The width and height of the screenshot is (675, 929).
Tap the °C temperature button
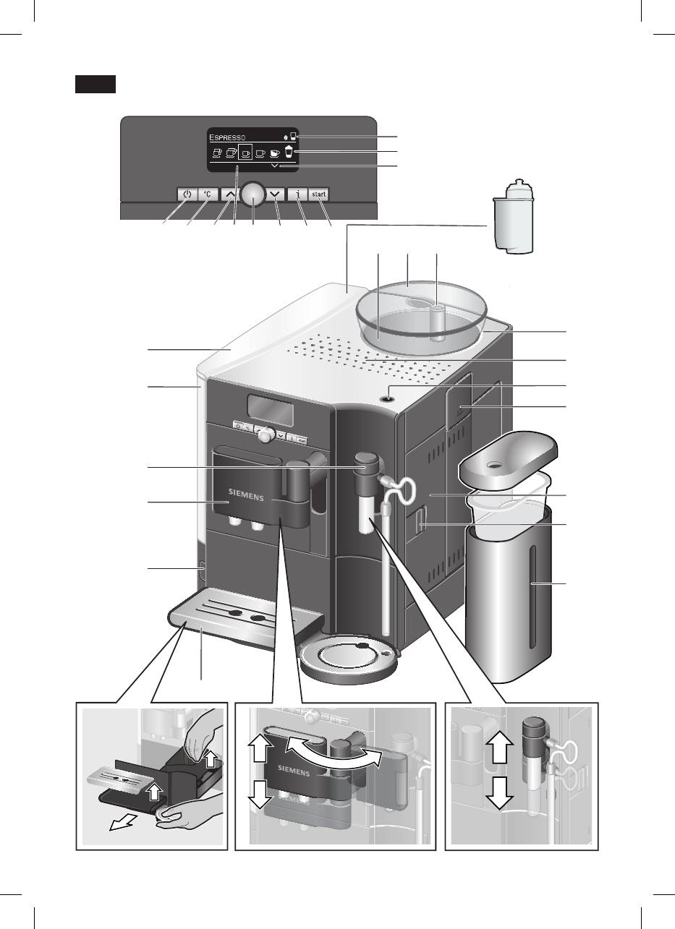tap(208, 194)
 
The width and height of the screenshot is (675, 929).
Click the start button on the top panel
tap(319, 194)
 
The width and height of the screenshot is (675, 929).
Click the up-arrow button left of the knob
tap(229, 194)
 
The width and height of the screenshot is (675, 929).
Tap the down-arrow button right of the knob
tap(277, 194)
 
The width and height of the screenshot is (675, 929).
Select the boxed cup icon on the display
tap(245, 153)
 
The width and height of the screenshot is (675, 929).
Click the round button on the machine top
tap(391, 393)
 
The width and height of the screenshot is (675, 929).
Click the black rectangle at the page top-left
tap(94, 84)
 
